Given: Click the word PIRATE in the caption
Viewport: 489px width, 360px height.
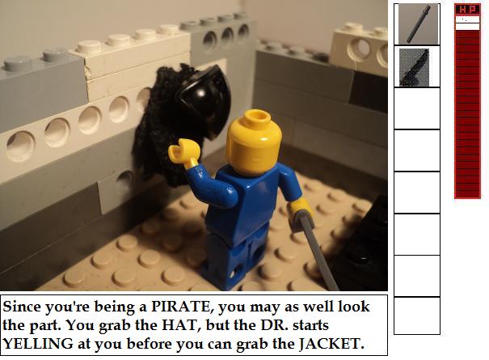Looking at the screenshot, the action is coord(180,307).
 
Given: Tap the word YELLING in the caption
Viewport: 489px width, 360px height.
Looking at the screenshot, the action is coord(37,344).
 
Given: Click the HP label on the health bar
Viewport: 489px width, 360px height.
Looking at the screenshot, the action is coord(467,10).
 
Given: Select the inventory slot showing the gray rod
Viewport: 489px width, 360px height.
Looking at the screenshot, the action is coord(417,24).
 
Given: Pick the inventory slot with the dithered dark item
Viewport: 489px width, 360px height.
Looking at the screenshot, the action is coord(417,67).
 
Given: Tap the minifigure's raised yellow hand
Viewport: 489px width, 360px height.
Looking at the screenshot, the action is coord(183,152).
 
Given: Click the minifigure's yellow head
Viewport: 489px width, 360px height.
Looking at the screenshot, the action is coord(254,143).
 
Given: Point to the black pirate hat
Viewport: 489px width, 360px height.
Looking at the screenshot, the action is coord(204,101).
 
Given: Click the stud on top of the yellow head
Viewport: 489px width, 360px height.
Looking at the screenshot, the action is coord(257,119).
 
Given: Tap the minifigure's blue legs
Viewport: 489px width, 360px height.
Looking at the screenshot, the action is coord(236,258).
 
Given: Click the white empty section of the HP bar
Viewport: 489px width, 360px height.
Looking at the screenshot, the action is coord(467,23).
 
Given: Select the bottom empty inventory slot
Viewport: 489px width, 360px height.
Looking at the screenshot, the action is coord(417,316).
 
